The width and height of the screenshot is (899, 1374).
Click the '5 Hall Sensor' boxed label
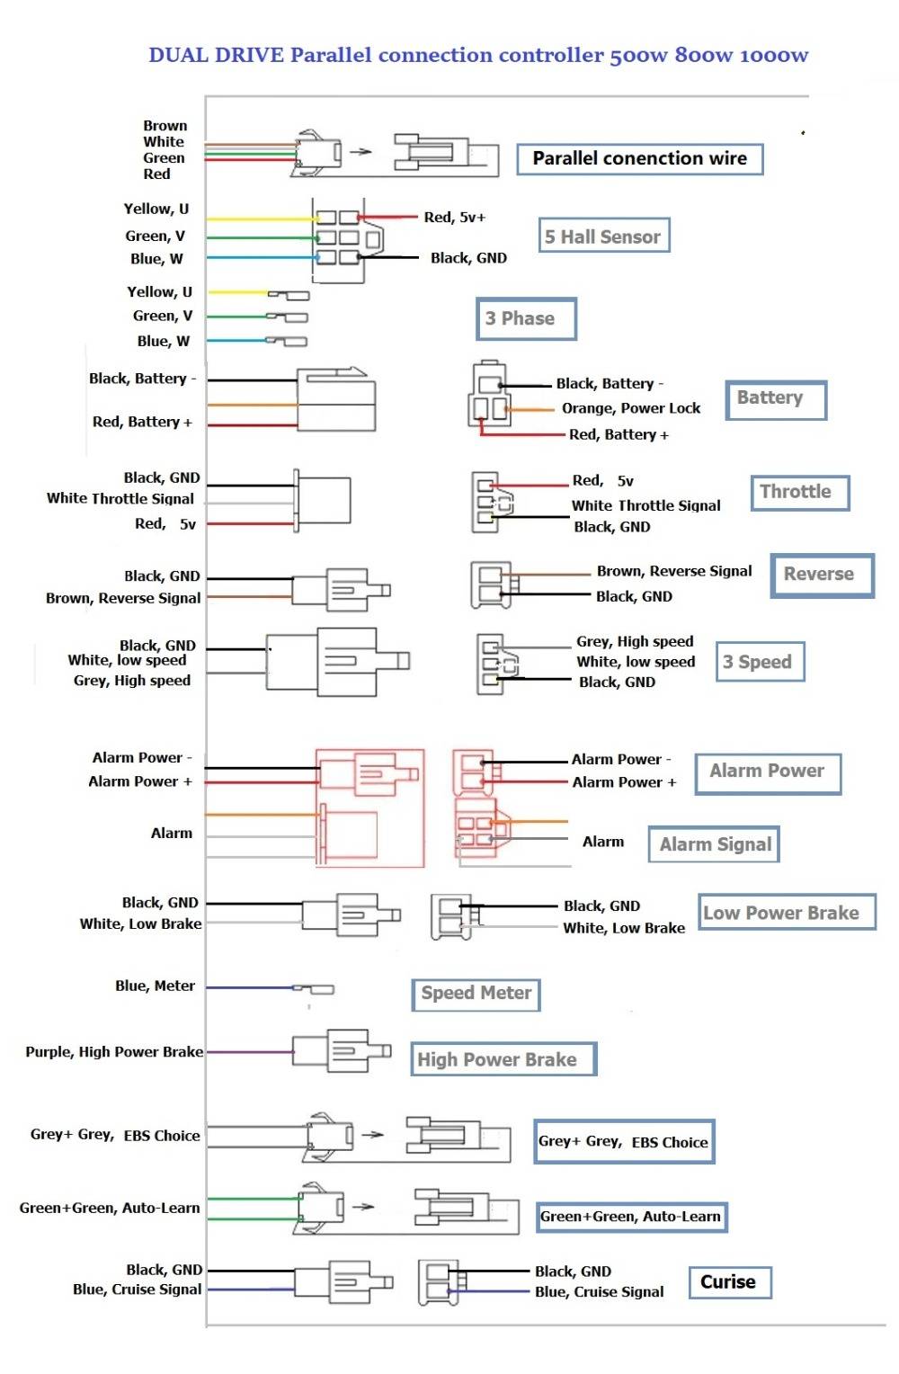click(x=603, y=236)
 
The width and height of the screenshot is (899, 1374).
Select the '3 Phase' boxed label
click(x=525, y=319)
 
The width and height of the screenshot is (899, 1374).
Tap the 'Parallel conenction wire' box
click(x=639, y=159)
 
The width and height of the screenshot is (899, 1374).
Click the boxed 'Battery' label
click(x=774, y=398)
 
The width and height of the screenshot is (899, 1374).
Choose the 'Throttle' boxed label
click(x=799, y=492)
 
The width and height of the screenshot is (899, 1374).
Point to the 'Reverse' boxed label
click(x=822, y=575)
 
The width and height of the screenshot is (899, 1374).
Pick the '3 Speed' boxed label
click(x=759, y=663)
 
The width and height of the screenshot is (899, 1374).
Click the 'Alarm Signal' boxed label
click(x=714, y=844)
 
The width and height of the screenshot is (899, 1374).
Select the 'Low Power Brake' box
click(x=786, y=913)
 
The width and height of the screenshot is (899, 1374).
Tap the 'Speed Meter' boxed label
click(x=476, y=994)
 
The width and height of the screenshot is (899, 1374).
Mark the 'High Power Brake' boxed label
click(x=503, y=1059)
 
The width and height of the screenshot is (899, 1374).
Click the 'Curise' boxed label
click(x=729, y=1282)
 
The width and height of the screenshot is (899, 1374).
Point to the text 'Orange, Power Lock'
click(x=630, y=408)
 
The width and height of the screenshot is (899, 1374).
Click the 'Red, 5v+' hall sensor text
click(x=454, y=218)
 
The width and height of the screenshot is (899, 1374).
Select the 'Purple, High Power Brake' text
click(x=113, y=1052)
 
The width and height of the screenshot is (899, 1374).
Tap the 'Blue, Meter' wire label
click(x=155, y=986)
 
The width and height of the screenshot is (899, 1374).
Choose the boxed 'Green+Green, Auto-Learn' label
click(x=631, y=1217)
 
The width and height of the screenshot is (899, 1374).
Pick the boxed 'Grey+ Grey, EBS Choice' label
click(x=624, y=1142)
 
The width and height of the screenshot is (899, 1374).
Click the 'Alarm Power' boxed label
click(x=767, y=772)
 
